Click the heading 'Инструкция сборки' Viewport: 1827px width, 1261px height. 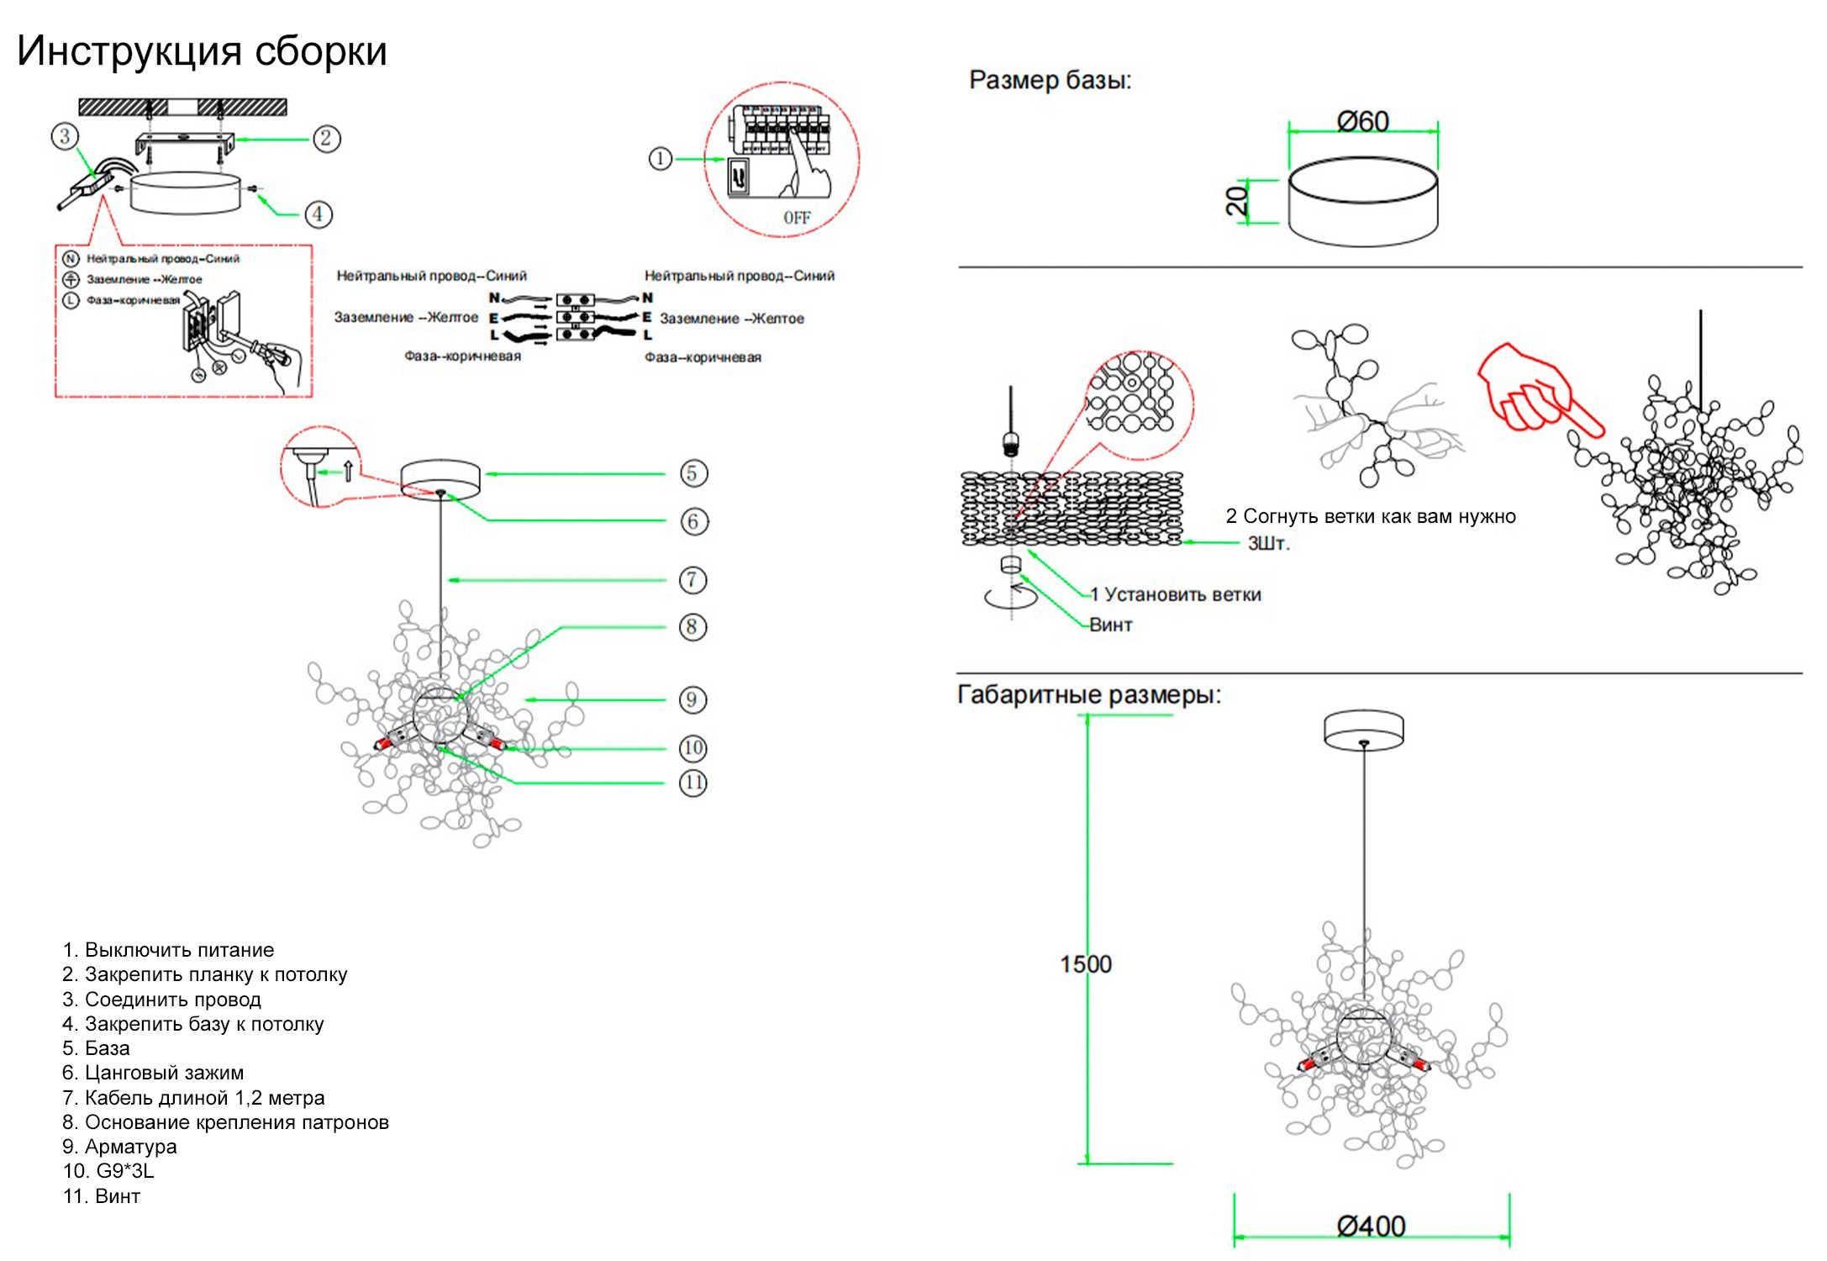pyautogui.click(x=202, y=50)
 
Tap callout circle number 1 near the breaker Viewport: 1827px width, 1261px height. pyautogui.click(x=661, y=158)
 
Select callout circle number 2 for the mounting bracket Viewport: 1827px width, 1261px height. pyautogui.click(x=327, y=139)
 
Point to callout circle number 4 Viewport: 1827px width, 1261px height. pyautogui.click(x=318, y=214)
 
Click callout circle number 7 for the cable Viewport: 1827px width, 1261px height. pyautogui.click(x=692, y=579)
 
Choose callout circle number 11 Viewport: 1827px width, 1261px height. pyautogui.click(x=692, y=783)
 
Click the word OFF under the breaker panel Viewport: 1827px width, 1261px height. pyautogui.click(x=797, y=218)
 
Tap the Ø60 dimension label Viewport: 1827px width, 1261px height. pyautogui.click(x=1362, y=122)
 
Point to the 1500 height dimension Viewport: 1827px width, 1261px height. pyautogui.click(x=1085, y=963)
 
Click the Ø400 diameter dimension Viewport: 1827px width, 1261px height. pyautogui.click(x=1371, y=1226)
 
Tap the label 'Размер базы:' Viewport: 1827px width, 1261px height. pyautogui.click(x=1050, y=80)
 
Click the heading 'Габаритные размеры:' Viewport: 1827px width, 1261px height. pyautogui.click(x=1088, y=694)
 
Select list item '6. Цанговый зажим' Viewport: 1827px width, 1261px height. pyautogui.click(x=153, y=1073)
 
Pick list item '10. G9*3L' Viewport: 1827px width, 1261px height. pyautogui.click(x=108, y=1171)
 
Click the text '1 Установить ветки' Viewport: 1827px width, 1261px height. pyautogui.click(x=1176, y=594)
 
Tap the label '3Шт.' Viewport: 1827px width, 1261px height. pyautogui.click(x=1268, y=543)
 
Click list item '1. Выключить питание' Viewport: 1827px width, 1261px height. pyautogui.click(x=168, y=950)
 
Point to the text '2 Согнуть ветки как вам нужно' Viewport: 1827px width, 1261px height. pyautogui.click(x=1371, y=516)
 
